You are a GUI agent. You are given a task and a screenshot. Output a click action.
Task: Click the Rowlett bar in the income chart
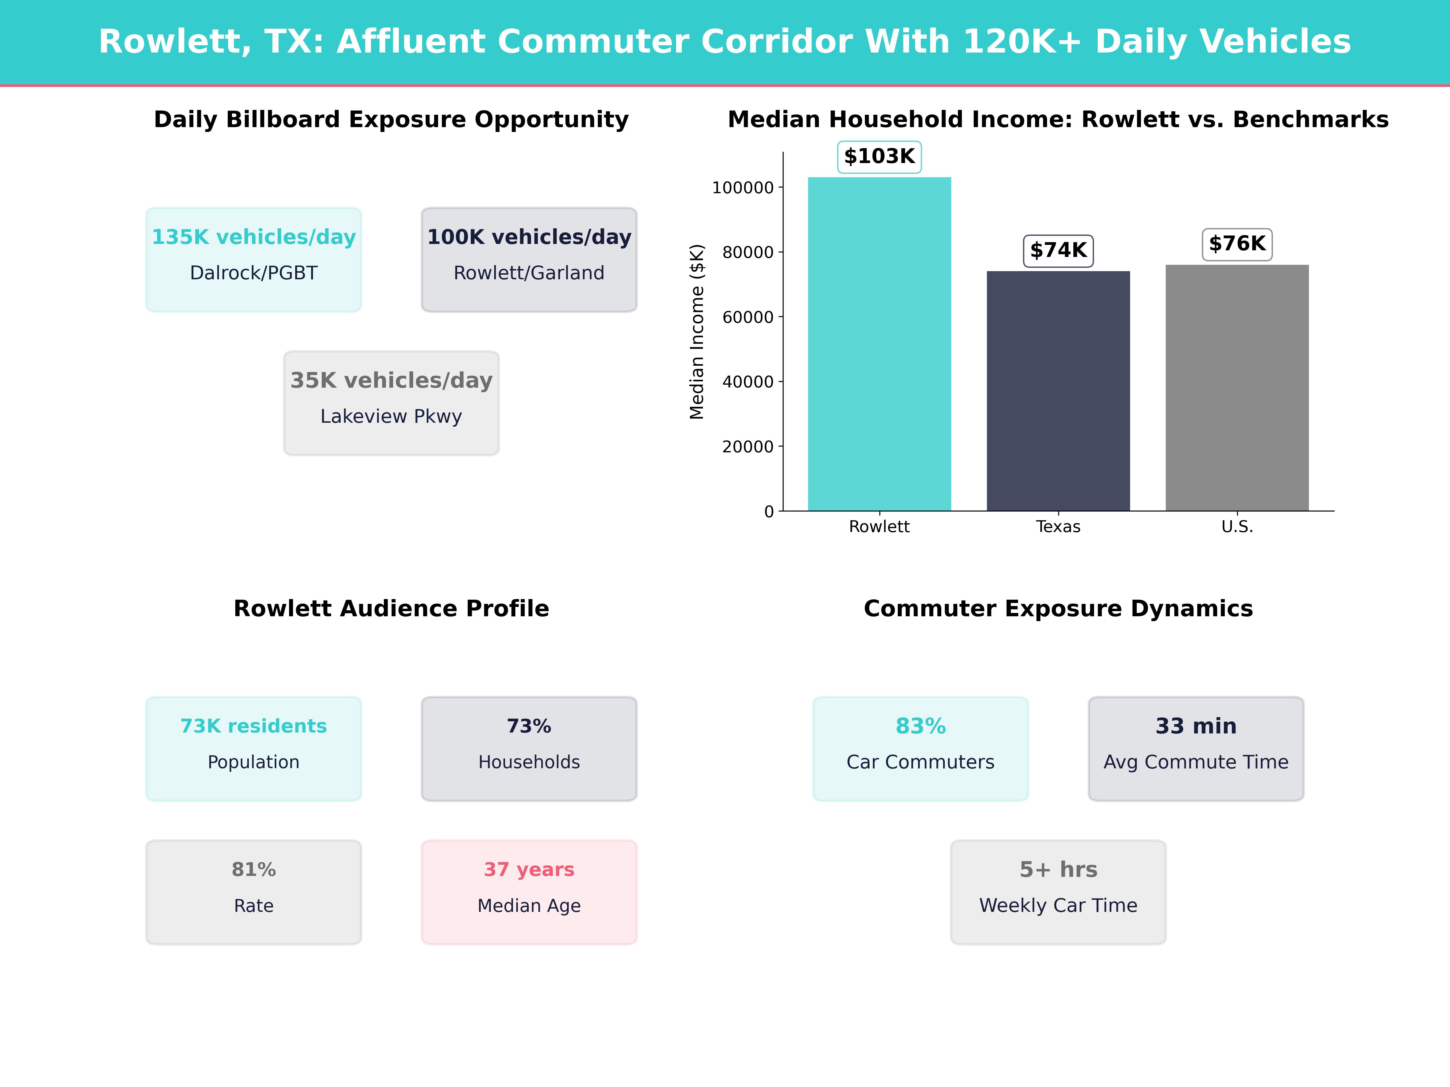879,344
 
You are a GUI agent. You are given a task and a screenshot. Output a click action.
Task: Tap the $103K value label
879,157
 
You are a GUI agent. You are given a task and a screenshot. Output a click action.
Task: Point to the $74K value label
1058,250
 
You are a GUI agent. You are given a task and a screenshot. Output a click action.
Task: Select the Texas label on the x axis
1058,527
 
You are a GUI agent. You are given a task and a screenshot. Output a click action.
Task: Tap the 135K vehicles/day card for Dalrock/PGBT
254,259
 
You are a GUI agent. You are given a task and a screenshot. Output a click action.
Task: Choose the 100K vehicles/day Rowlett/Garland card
529,259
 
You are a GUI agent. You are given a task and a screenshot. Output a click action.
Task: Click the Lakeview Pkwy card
391,403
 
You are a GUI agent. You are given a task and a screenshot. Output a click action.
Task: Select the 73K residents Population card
254,748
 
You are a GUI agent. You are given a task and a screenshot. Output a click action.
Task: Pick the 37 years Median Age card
529,892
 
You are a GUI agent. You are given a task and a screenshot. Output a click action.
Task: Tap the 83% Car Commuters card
920,748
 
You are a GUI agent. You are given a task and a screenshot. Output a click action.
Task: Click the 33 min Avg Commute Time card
1196,748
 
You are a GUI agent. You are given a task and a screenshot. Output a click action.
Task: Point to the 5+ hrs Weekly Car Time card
1058,892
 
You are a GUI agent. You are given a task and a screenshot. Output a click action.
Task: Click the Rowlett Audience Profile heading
391,609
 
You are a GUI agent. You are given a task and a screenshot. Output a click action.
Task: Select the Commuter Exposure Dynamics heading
1058,609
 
